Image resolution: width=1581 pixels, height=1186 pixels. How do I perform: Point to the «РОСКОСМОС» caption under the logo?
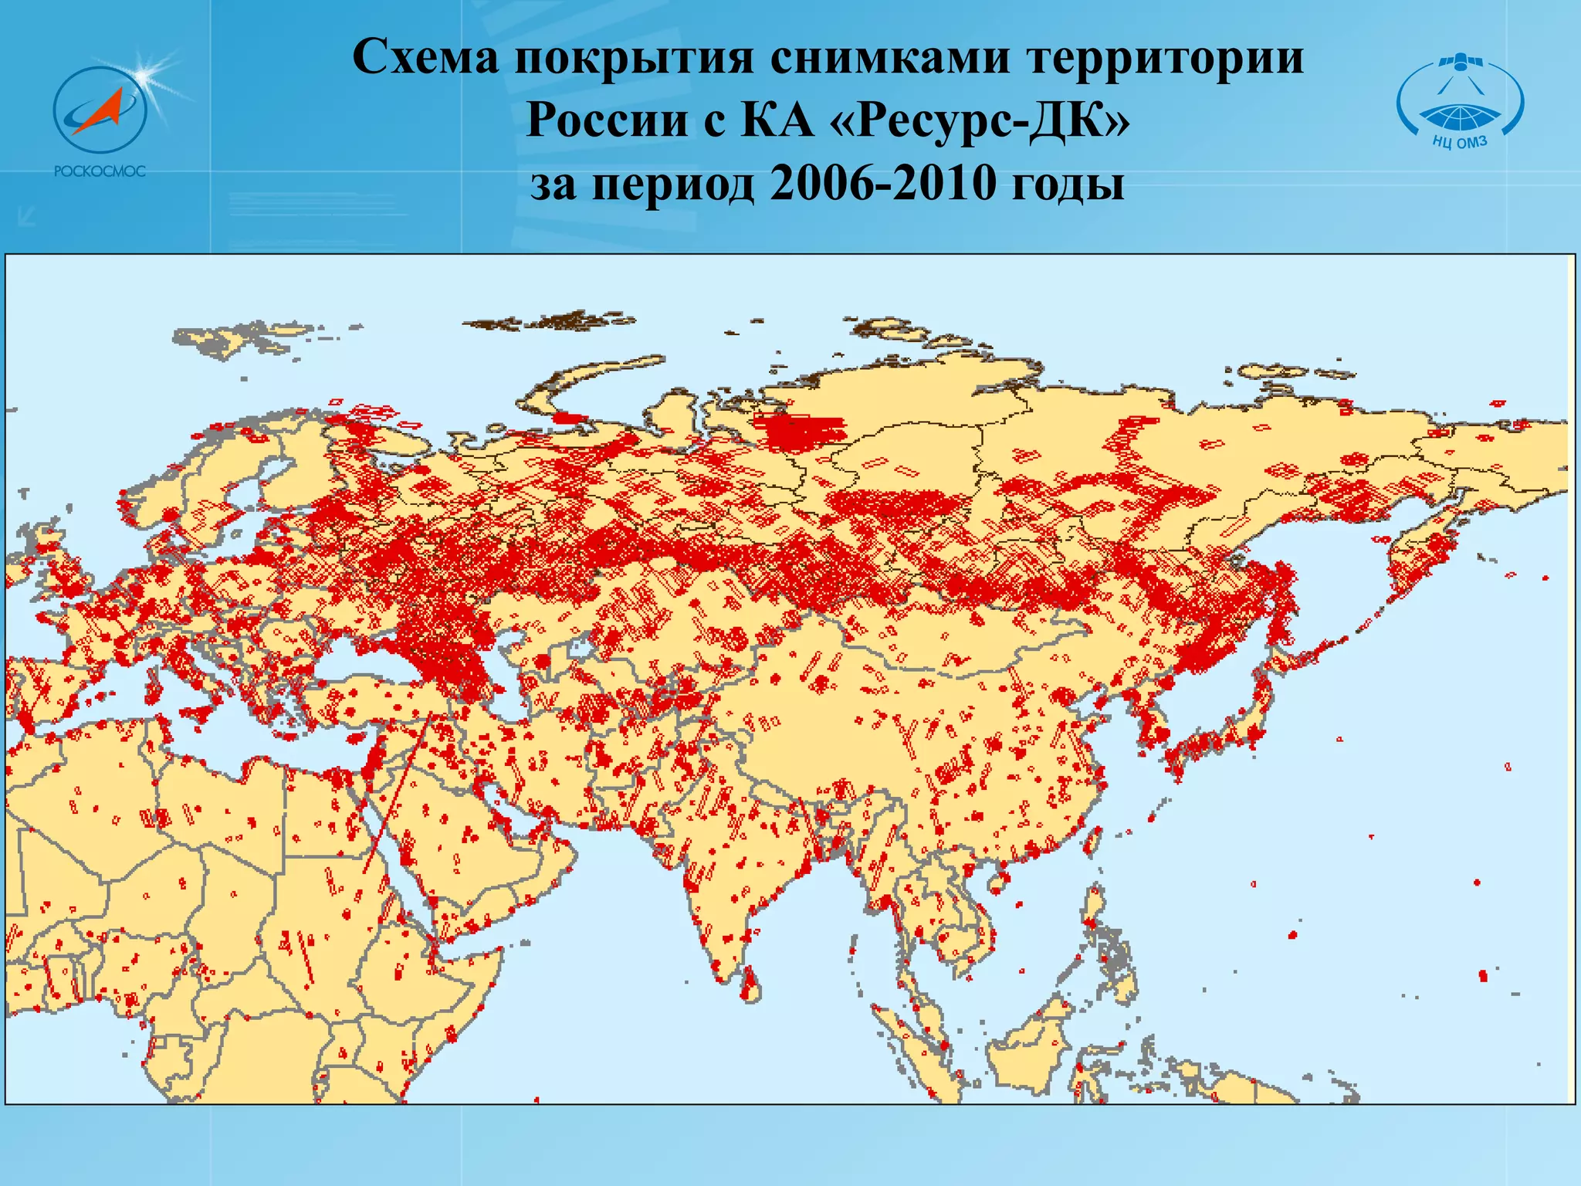click(x=100, y=171)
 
